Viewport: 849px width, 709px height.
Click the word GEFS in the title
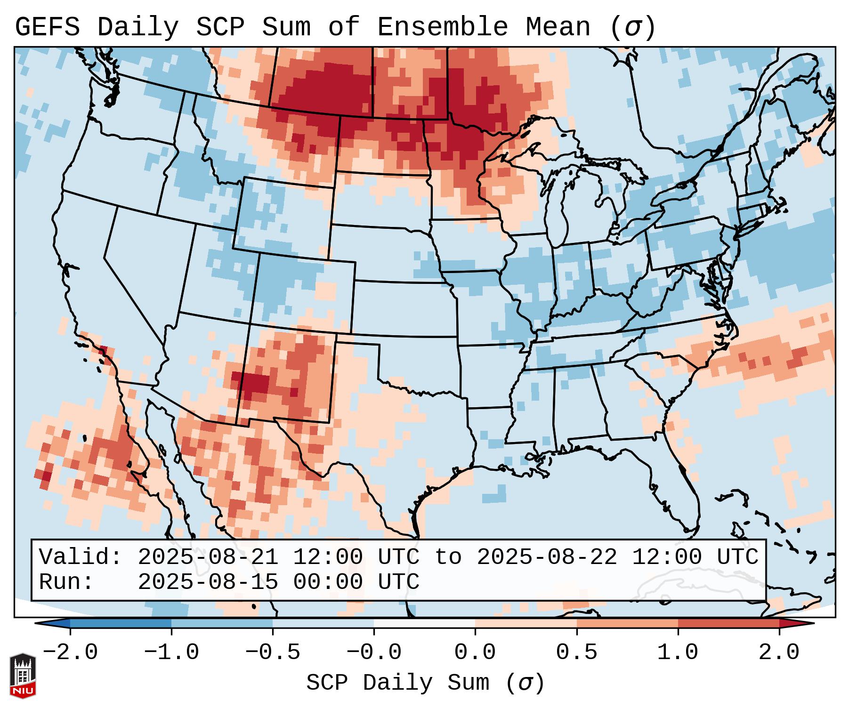(47, 27)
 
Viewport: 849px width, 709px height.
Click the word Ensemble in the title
(443, 27)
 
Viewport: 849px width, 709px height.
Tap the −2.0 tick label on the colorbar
(70, 653)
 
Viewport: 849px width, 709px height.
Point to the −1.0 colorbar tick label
(171, 653)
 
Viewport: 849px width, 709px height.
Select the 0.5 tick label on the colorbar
(576, 653)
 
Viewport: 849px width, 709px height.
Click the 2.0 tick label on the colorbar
(779, 653)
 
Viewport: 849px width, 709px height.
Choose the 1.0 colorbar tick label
(678, 653)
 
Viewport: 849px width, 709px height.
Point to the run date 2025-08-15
(208, 582)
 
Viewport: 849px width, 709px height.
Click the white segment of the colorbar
(424, 623)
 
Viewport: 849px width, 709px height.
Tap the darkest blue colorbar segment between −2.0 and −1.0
(121, 623)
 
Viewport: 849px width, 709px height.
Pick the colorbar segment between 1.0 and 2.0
(728, 623)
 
